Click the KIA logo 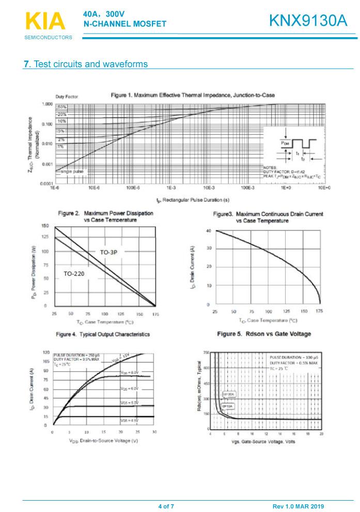(45, 22)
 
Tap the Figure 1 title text (193, 95)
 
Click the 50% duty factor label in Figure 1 (61, 107)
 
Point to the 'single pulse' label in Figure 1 (72, 171)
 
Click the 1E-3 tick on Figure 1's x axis (171, 189)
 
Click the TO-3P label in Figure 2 (109, 252)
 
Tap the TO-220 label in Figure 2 (74, 273)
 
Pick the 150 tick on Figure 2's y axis (45, 226)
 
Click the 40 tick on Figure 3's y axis (208, 230)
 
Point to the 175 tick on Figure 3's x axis (320, 312)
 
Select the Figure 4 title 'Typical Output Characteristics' (103, 334)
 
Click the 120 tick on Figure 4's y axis (46, 352)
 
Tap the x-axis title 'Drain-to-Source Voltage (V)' (103, 441)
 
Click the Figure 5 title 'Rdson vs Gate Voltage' (264, 334)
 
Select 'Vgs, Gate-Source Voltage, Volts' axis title (263, 442)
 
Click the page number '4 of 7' (166, 506)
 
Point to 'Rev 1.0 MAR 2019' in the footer (298, 506)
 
